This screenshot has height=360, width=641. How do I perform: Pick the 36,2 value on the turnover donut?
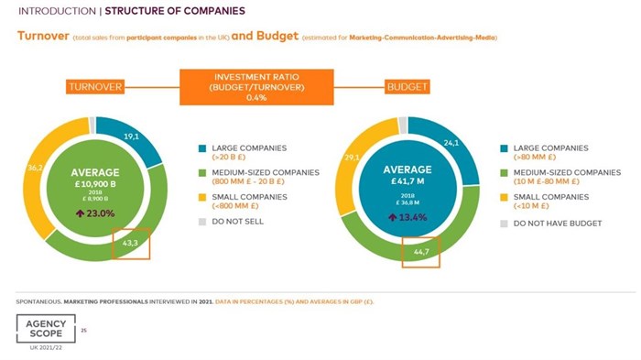point(36,168)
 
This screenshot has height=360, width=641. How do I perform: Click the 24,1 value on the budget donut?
point(449,143)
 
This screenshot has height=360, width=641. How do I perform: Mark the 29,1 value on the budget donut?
point(350,158)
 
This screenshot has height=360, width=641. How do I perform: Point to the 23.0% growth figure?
point(95,213)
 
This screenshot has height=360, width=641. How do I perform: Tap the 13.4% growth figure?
point(406,217)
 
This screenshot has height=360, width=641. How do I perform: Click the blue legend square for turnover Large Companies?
point(201,147)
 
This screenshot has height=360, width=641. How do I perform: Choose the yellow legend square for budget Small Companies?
point(504,197)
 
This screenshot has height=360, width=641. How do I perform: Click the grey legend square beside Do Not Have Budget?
point(504,223)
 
